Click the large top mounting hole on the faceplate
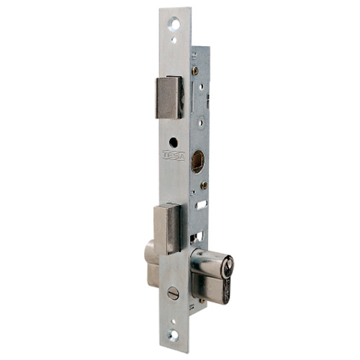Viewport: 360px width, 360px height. point(175,24)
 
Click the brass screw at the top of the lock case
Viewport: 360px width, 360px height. point(195,71)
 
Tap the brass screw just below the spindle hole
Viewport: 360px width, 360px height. point(204,185)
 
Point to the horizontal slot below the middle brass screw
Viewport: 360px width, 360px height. point(201,204)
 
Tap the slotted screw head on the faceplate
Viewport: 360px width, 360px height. point(173,293)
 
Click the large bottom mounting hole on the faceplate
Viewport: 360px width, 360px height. point(174,334)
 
